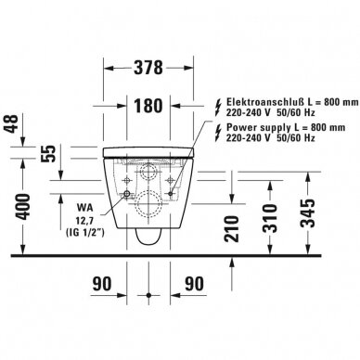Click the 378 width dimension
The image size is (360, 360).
click(148, 68)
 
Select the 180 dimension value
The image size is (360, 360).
click(148, 106)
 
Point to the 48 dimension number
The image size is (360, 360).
click(11, 123)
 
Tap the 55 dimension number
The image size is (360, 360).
click(49, 153)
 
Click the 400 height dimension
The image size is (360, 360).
click(23, 207)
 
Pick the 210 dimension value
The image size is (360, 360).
click(232, 229)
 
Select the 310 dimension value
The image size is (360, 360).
click(270, 218)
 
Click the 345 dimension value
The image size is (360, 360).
click(308, 213)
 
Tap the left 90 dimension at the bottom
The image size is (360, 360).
click(102, 284)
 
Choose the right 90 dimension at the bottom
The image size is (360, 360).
click(195, 284)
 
